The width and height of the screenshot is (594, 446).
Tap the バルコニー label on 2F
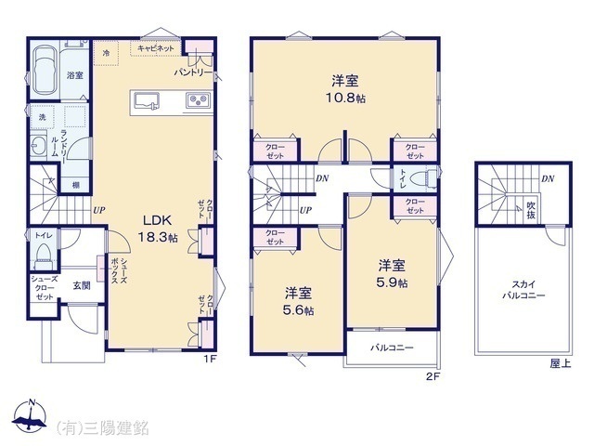click(392, 348)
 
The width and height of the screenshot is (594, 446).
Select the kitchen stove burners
click(197, 100)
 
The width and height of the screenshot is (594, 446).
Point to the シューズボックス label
click(116, 274)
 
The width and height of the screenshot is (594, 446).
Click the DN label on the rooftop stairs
click(548, 178)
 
